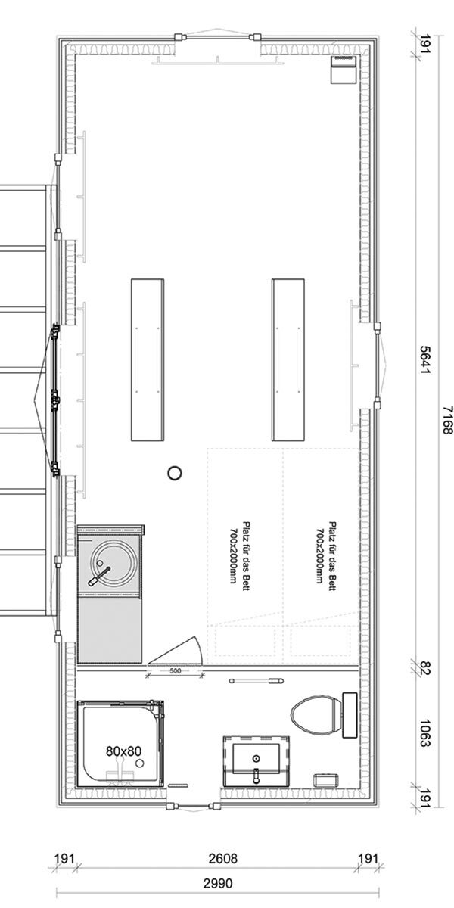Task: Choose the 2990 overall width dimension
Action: coord(219,882)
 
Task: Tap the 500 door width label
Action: coord(175,671)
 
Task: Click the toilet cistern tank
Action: coord(350,715)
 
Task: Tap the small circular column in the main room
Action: coord(175,473)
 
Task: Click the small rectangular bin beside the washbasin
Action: coord(326,780)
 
